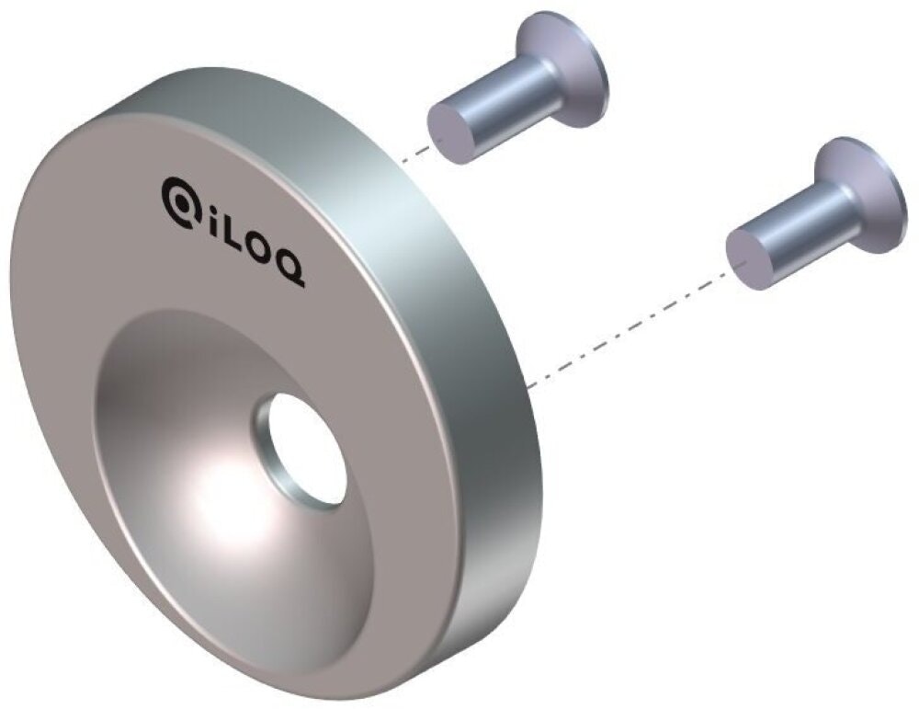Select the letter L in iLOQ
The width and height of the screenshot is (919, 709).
[234, 237]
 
